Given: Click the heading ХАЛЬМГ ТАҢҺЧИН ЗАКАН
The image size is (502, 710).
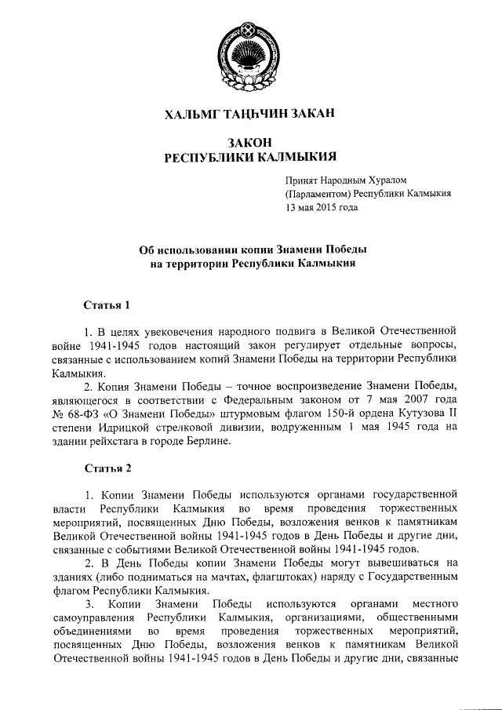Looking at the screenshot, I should (x=249, y=115).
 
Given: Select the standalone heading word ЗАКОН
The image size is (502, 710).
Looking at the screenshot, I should (x=249, y=142).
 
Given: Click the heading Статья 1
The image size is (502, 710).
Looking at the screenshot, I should (x=106, y=304).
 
